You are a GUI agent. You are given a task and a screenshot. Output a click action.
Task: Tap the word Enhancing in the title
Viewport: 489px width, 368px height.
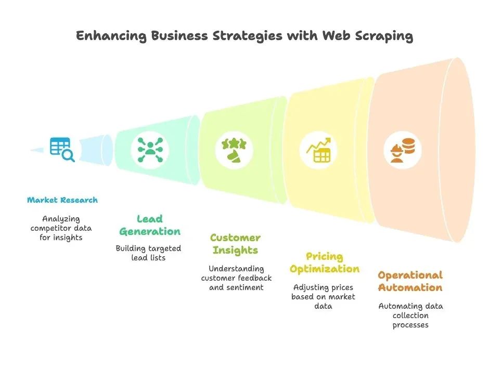(x=111, y=36)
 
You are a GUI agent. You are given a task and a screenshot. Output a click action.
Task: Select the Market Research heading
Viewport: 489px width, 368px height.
(x=62, y=200)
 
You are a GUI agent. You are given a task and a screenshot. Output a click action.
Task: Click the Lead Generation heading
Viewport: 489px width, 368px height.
(x=150, y=225)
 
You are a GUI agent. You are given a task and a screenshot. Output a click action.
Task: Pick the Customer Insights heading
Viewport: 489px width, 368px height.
(x=236, y=244)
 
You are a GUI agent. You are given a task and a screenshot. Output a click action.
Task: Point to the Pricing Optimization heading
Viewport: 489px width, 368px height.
(x=324, y=262)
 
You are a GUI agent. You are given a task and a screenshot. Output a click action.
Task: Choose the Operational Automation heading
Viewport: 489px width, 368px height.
(x=410, y=281)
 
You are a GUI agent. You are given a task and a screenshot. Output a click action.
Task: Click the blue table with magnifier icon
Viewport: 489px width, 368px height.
(x=62, y=150)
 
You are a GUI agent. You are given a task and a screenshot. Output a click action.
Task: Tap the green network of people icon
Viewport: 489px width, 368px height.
(x=150, y=150)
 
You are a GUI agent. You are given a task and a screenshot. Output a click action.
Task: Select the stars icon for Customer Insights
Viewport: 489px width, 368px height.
(x=234, y=150)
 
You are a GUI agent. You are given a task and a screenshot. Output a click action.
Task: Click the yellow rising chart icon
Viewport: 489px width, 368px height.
(x=318, y=150)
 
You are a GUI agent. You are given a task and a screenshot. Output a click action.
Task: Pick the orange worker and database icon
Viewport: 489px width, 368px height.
(x=403, y=151)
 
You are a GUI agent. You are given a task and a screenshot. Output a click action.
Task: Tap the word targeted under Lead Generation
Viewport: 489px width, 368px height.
(x=164, y=248)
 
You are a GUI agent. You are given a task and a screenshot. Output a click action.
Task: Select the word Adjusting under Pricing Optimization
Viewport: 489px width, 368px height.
(x=308, y=287)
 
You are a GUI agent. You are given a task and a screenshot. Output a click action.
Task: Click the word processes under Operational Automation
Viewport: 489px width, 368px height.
(x=410, y=325)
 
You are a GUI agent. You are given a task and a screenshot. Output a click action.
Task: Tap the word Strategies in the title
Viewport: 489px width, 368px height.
(x=248, y=36)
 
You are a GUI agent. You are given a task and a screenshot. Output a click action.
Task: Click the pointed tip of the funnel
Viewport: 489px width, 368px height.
(x=31, y=150)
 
